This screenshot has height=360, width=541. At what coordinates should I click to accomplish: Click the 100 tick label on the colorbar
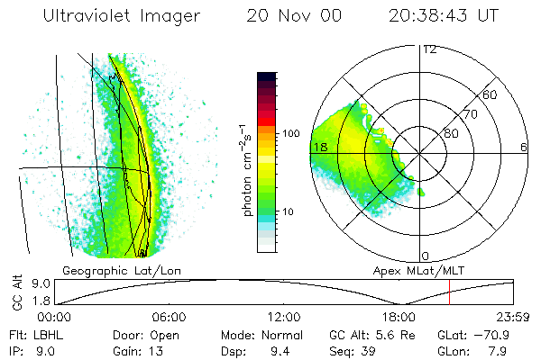(x=291, y=133)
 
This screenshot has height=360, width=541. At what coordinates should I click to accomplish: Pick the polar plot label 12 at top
(x=429, y=49)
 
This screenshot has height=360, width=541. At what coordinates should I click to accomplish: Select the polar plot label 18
(x=318, y=147)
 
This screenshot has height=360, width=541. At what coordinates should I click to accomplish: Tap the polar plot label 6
(x=523, y=147)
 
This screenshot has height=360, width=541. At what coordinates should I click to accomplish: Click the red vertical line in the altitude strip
(x=449, y=292)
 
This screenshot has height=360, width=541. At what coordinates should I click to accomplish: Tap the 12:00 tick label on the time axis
(x=283, y=317)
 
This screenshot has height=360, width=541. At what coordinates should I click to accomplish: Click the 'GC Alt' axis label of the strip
(x=16, y=292)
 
